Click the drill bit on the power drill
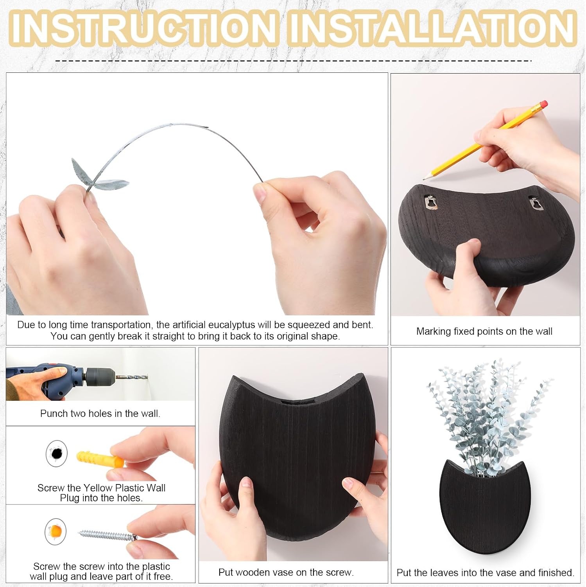[131, 377]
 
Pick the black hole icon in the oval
[57, 454]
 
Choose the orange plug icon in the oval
[55, 531]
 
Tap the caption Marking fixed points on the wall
[484, 331]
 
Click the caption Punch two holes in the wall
[100, 414]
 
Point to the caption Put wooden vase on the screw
[286, 573]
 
